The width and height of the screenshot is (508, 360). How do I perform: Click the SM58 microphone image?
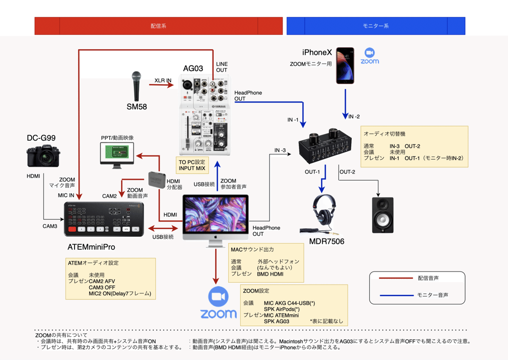click(x=137, y=87)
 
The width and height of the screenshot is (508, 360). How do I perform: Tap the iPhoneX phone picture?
click(x=345, y=66)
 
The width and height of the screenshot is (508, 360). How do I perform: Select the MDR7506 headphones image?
click(x=323, y=214)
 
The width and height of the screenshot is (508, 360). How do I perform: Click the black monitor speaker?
click(x=382, y=215)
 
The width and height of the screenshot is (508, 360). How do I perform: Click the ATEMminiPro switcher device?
click(x=104, y=219)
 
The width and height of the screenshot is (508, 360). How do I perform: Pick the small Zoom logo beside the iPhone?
click(x=370, y=56)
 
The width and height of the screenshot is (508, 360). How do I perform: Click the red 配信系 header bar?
click(x=158, y=26)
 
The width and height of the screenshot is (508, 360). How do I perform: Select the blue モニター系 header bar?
click(x=375, y=26)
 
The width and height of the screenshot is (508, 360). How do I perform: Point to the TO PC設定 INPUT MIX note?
click(x=192, y=165)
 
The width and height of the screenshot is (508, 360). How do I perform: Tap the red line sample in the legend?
click(x=395, y=278)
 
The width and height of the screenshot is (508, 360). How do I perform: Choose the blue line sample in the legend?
click(x=395, y=295)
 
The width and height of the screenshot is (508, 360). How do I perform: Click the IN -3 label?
click(x=280, y=150)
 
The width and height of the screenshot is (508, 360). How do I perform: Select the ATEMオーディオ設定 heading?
click(x=93, y=263)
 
